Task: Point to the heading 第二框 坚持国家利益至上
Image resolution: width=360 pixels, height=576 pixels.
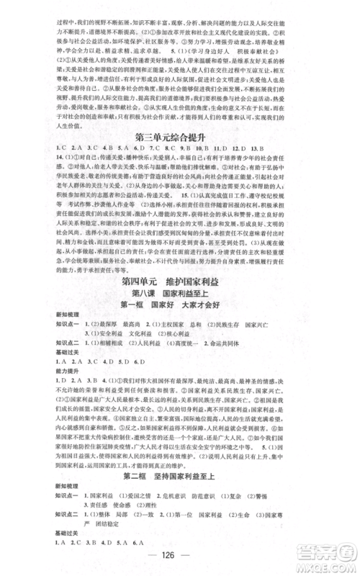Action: pyautogui.click(x=180, y=478)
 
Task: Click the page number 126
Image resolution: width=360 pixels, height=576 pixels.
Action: pyautogui.click(x=179, y=557)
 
